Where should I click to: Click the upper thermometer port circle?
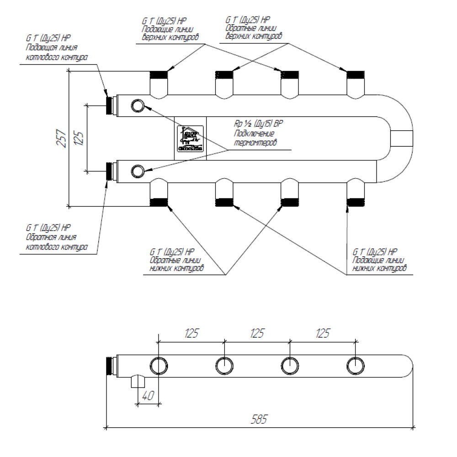click(137, 106)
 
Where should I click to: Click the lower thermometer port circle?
click(137, 171)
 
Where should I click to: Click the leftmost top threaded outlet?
click(159, 75)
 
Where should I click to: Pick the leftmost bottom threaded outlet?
click(159, 202)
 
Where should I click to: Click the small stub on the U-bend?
click(401, 138)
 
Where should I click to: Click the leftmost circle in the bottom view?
click(159, 366)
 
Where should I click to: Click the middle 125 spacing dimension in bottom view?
click(257, 333)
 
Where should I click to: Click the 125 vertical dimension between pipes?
click(79, 138)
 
